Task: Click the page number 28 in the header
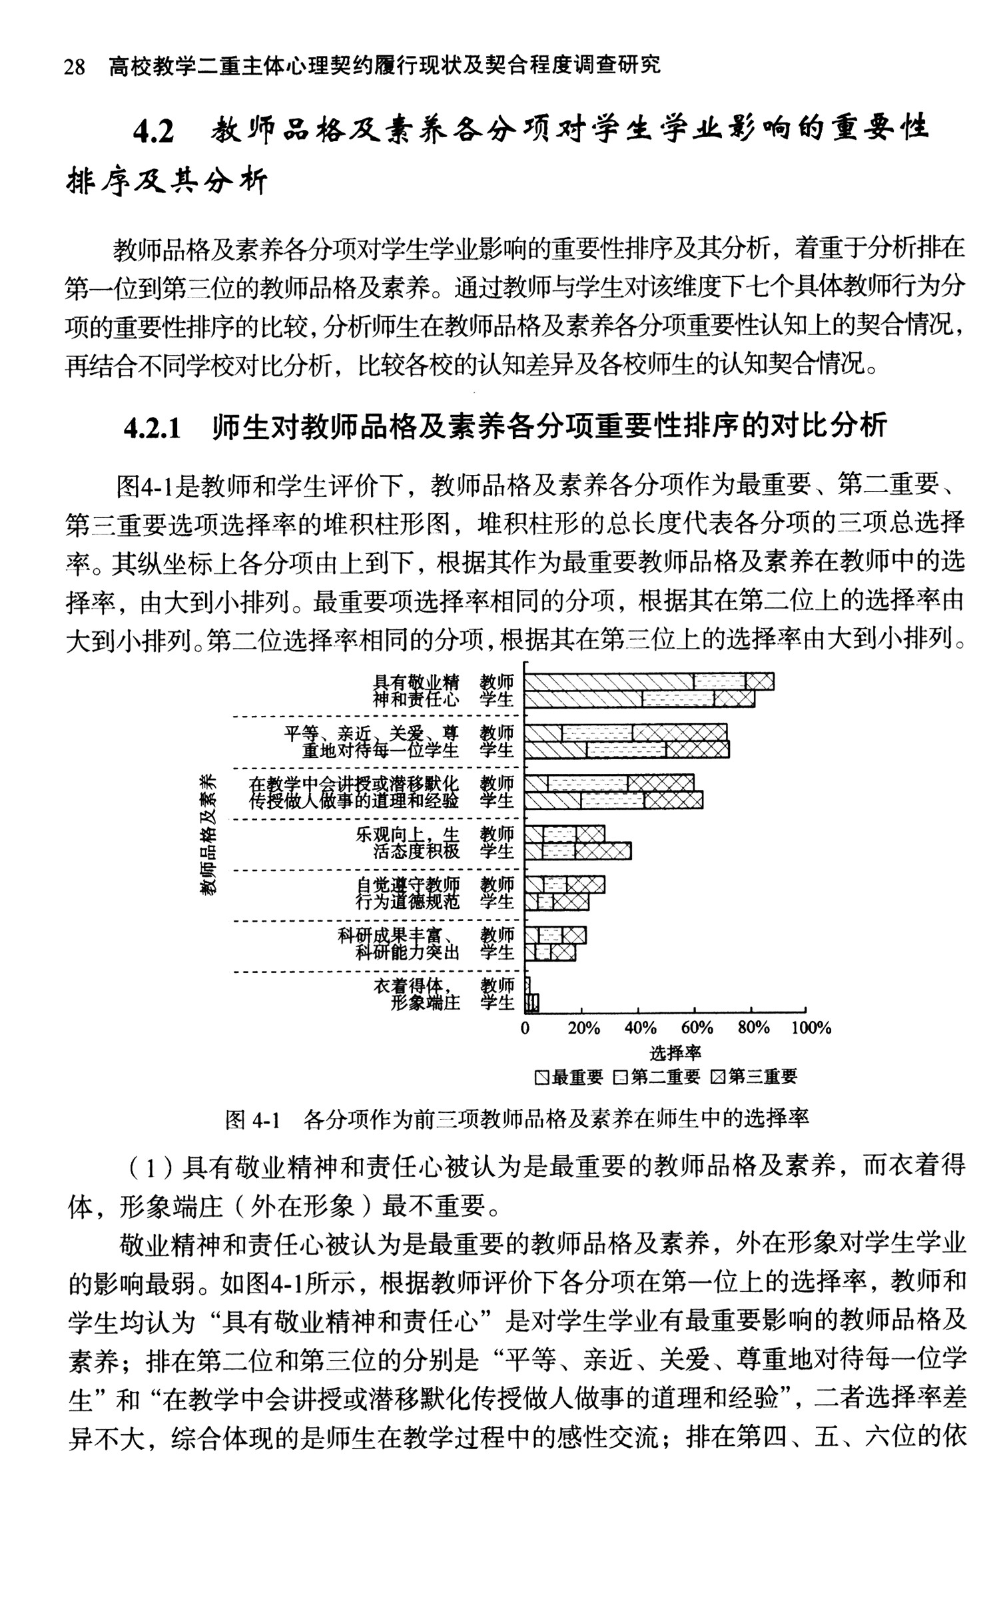coord(74,67)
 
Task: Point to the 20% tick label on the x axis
coord(583,1028)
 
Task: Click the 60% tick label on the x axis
coord(697,1028)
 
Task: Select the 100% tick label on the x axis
coord(811,1028)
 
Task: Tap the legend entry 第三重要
coord(755,1077)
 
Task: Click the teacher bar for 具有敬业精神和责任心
coord(649,681)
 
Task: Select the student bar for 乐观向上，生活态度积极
coord(577,851)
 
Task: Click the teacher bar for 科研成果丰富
coord(555,935)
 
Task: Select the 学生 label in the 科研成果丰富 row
coord(497,952)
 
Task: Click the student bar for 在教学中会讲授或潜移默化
coord(613,800)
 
